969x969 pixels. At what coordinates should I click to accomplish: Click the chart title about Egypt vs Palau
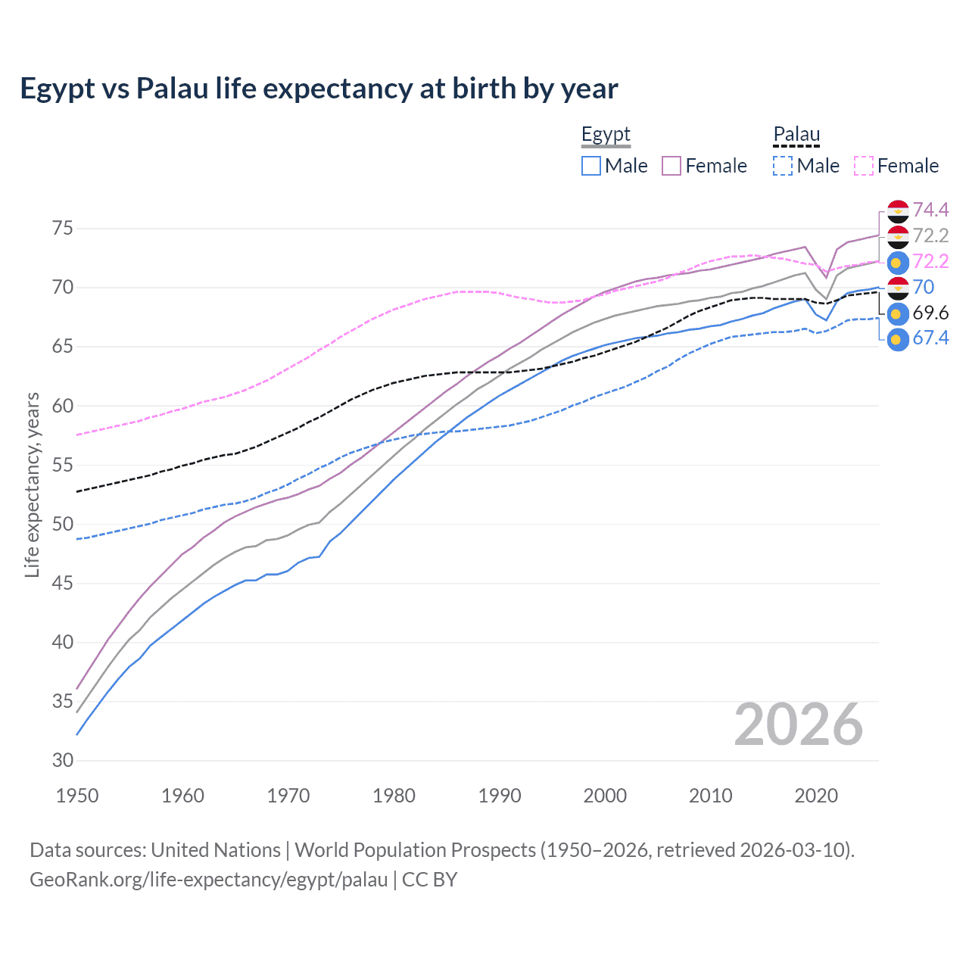tap(319, 89)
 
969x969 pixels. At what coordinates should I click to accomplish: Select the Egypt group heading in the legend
tap(606, 135)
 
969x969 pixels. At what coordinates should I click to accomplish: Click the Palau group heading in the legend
tap(796, 135)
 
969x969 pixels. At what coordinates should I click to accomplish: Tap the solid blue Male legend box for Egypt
tap(591, 166)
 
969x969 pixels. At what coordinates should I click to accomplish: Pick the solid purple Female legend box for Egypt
tap(671, 166)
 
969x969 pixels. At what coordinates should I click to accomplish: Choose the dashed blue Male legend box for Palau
tap(783, 166)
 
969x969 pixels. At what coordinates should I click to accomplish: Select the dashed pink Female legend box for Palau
tap(864, 166)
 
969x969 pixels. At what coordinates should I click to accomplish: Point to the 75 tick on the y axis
tap(62, 229)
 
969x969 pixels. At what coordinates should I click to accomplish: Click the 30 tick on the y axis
tap(62, 761)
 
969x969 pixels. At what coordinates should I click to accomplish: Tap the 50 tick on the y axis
tap(62, 525)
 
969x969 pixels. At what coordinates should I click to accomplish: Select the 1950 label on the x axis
tap(77, 796)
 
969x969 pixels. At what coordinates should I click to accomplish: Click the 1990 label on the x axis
tap(500, 796)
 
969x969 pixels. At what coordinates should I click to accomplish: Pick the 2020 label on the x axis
tap(816, 796)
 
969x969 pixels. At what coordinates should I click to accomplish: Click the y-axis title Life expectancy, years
tap(33, 484)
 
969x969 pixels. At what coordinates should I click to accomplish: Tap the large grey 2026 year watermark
tap(798, 724)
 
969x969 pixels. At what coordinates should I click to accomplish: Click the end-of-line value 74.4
tap(930, 210)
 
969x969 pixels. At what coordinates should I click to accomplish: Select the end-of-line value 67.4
tap(930, 338)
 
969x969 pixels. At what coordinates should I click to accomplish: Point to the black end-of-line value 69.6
tap(930, 313)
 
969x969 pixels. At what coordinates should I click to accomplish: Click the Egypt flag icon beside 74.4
tap(898, 211)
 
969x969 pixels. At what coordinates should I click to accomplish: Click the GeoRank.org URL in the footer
tap(208, 880)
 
